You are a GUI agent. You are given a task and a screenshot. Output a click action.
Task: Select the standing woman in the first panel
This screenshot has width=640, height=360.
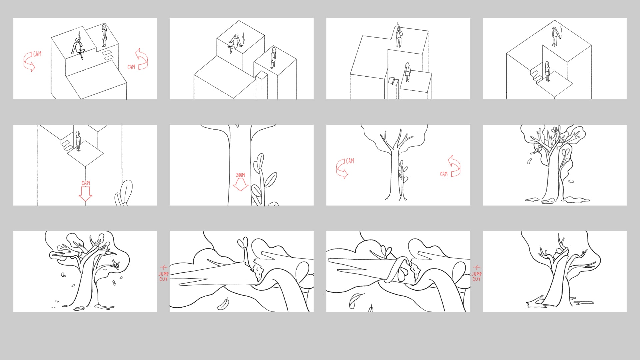(x=104, y=35)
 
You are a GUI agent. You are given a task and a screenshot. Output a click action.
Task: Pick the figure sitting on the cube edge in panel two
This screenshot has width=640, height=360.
(x=236, y=43)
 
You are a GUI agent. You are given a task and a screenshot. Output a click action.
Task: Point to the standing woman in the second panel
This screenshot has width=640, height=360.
(x=274, y=58)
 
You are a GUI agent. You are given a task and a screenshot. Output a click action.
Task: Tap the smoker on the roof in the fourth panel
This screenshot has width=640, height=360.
(x=554, y=37)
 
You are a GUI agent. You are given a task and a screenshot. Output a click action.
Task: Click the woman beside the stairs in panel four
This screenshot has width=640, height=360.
(x=547, y=71)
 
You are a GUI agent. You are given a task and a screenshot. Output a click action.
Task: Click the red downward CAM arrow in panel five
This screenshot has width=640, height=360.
(x=85, y=193)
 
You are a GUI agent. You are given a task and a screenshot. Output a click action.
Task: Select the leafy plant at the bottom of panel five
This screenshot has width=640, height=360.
(x=123, y=193)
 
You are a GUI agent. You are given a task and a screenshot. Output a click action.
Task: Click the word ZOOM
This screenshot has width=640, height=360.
(x=240, y=175)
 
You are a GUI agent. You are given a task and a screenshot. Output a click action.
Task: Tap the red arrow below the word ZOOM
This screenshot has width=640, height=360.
(x=240, y=185)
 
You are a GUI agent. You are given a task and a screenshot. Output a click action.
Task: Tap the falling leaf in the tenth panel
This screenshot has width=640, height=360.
(x=223, y=304)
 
